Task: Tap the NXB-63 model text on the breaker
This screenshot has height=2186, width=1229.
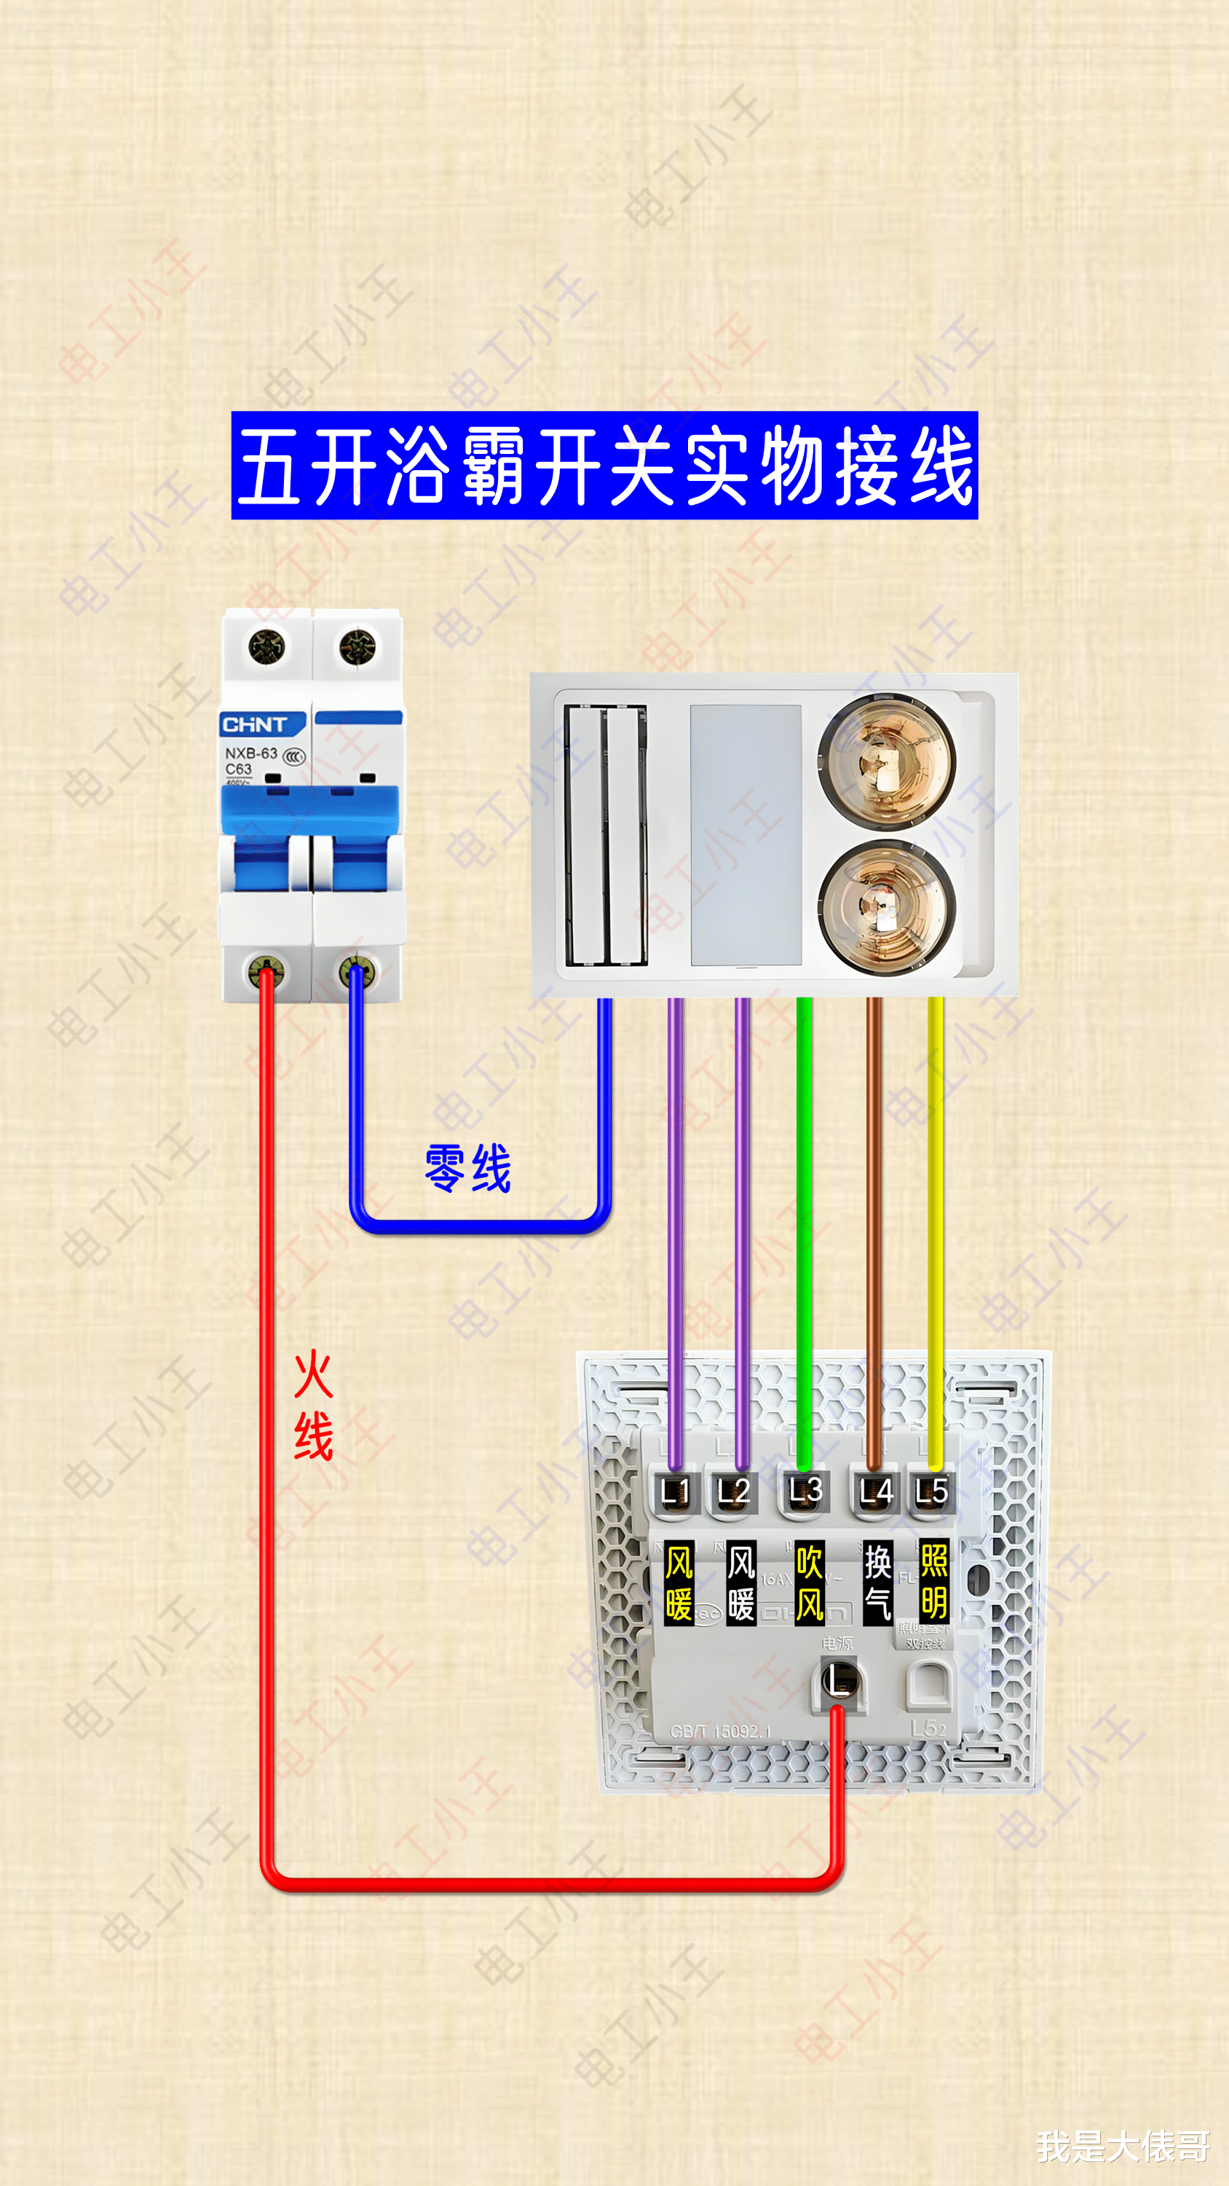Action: tap(251, 753)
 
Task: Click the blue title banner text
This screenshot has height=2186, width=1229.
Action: tap(605, 465)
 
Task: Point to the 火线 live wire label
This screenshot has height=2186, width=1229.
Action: tap(313, 1406)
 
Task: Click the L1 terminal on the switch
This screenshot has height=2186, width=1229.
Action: tap(675, 1491)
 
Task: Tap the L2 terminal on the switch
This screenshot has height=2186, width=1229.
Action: tap(734, 1491)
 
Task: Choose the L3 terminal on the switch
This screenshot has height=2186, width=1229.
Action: tap(805, 1491)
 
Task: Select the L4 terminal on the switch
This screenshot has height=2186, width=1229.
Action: tap(875, 1491)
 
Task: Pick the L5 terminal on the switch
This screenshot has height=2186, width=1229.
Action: tap(931, 1491)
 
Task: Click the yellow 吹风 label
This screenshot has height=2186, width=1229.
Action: tap(809, 1583)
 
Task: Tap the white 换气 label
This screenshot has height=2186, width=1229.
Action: tap(877, 1583)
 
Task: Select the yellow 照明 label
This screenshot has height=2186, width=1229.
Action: tap(934, 1583)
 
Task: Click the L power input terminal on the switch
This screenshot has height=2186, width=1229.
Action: tap(838, 1680)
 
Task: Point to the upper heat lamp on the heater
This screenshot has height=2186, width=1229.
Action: tap(886, 759)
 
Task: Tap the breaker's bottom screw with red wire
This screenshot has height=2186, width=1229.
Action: tap(266, 971)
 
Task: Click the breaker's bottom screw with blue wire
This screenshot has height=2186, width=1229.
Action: tap(356, 971)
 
